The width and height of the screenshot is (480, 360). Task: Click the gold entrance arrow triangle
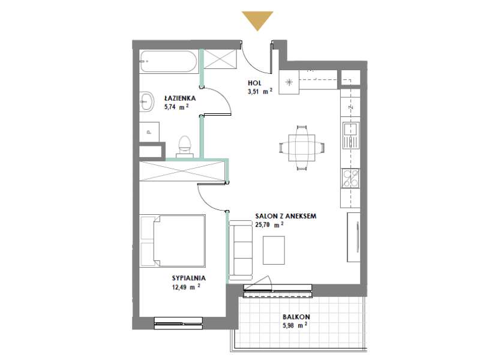tap(257, 20)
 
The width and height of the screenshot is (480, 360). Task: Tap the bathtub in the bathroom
tap(169, 62)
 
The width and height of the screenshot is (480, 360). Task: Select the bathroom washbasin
tap(146, 101)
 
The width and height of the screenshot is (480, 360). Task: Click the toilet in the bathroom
tap(184, 146)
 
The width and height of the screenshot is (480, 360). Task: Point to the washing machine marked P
tap(149, 132)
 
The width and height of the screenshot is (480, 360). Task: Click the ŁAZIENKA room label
tap(180, 98)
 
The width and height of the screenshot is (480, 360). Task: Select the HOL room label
tap(254, 83)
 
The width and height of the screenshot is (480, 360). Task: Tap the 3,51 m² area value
tap(260, 91)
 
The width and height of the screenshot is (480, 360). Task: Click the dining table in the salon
tap(302, 148)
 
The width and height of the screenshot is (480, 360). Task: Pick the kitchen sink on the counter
tap(350, 135)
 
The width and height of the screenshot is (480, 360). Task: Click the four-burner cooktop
tap(351, 178)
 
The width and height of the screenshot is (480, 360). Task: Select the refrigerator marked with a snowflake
tap(289, 82)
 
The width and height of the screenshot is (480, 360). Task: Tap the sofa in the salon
tap(241, 250)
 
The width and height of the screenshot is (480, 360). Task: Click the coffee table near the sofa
tap(274, 250)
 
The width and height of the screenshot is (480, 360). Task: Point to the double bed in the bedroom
tap(173, 241)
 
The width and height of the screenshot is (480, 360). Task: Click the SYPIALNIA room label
tap(189, 278)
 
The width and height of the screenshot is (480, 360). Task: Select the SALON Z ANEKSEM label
tap(286, 216)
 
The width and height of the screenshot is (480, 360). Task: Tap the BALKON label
tap(296, 317)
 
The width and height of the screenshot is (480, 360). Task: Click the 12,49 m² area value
tap(186, 287)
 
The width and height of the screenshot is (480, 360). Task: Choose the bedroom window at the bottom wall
tap(178, 323)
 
